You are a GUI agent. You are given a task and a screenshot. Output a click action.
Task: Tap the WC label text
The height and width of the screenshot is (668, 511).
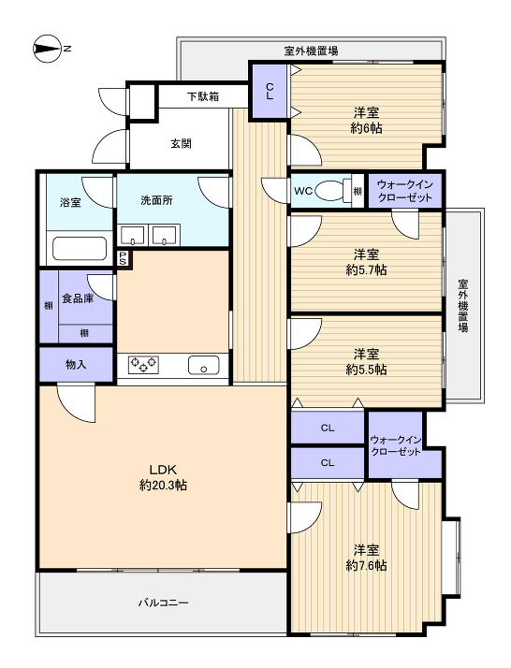coord(303,191)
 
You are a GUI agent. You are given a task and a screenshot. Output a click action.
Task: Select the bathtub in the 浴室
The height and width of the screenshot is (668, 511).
coord(80,248)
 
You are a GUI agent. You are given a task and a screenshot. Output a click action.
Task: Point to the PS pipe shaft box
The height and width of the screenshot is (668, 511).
coord(123,258)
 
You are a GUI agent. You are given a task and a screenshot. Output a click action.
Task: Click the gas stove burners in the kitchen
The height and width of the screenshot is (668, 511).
coord(143,365)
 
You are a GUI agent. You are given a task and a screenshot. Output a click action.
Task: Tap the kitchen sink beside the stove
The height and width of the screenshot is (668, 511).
coord(203,365)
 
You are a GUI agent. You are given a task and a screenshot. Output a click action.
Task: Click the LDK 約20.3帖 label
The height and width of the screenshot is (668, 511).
coord(163,477)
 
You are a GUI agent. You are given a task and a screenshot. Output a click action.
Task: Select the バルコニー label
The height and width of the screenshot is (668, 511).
coord(163,603)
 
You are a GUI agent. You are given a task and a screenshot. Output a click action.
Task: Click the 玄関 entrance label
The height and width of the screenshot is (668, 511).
coord(182,143)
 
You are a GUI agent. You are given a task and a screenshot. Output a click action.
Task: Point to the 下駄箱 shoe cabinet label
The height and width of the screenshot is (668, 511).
coord(203,96)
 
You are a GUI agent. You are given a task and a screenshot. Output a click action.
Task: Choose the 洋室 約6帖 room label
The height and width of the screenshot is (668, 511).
coord(366,120)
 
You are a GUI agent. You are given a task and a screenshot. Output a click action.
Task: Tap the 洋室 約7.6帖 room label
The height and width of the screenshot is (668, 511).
coord(366,558)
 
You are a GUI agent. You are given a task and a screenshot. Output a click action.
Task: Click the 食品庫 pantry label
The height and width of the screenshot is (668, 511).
coord(78,298)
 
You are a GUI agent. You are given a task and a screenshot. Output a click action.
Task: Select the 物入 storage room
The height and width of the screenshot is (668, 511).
coord(77,364)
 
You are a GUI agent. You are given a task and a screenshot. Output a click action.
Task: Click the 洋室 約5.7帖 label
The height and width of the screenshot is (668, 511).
coord(366,262)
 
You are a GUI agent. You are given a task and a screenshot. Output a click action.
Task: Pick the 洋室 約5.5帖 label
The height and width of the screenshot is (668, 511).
coord(366,361)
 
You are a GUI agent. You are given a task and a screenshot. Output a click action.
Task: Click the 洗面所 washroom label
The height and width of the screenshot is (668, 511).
coord(156,200)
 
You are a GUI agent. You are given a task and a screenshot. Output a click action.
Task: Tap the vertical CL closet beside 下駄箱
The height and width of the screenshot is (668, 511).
coord(270,91)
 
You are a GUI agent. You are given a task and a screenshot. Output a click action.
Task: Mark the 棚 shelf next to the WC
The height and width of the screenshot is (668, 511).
coord(358,191)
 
